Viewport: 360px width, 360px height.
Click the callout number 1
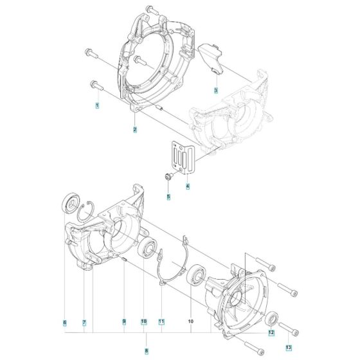(x=97, y=104)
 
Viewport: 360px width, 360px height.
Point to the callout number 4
(x=187, y=187)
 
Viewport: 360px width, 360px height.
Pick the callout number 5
(x=168, y=196)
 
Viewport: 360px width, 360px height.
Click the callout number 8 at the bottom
(x=147, y=350)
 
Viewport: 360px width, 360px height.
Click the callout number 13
(x=289, y=347)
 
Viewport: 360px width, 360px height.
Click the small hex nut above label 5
(x=168, y=176)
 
